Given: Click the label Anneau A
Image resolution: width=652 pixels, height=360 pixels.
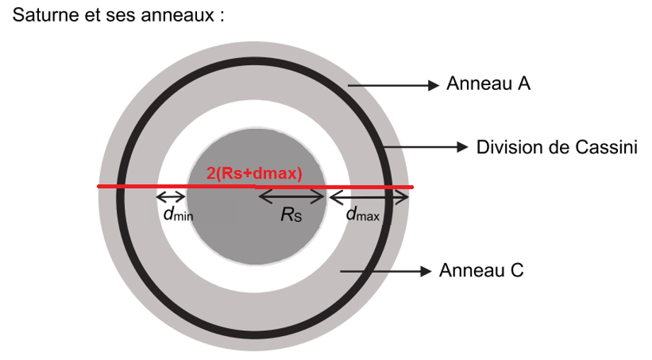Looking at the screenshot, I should click(488, 85).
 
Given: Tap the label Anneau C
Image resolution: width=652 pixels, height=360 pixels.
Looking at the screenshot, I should click(481, 271).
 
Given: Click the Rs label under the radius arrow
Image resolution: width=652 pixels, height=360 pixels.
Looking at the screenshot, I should click(291, 215).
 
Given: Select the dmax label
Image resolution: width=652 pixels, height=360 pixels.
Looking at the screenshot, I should click(364, 215).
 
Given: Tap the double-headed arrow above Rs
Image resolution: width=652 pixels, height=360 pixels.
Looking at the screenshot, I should click(291, 197).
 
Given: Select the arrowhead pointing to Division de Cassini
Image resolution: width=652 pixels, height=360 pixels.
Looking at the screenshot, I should click(463, 147).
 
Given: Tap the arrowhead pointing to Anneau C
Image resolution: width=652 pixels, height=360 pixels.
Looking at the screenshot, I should click(425, 271).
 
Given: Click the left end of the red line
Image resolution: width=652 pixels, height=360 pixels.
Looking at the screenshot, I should click(99, 186).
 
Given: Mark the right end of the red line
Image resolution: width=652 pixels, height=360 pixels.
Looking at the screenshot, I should click(412, 186).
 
